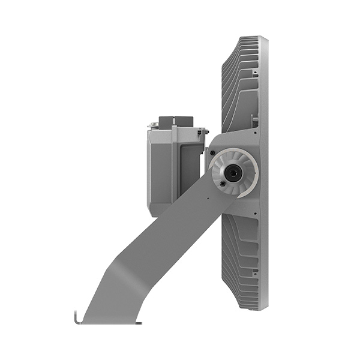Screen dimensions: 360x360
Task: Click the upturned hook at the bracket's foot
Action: click(x=76, y=317)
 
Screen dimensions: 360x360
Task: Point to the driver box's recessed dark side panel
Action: click(x=190, y=168)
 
